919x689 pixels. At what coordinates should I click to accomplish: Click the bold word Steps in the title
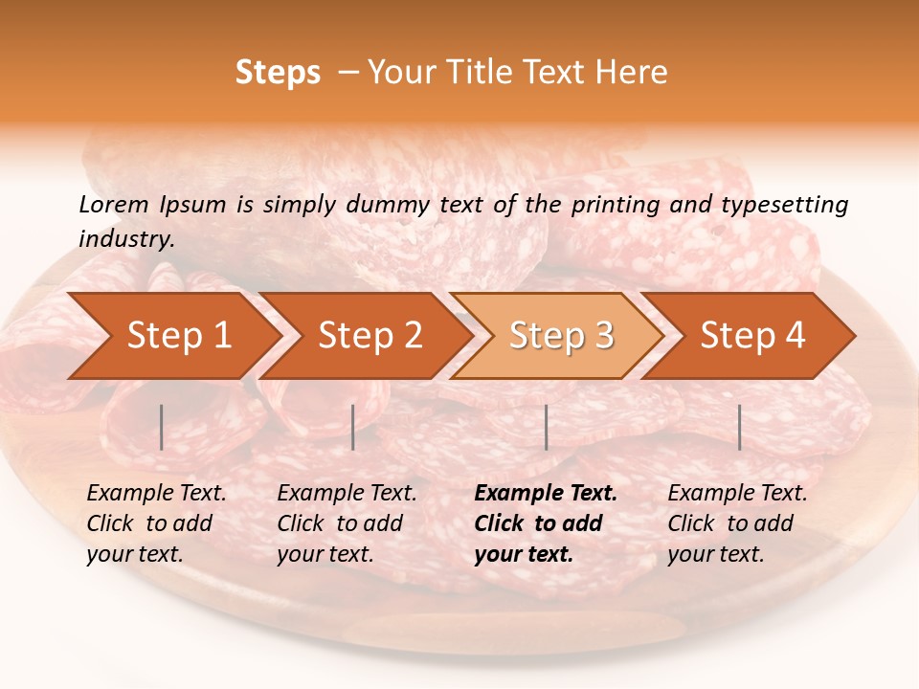pos(278,73)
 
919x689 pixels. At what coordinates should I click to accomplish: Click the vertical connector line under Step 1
pos(162,427)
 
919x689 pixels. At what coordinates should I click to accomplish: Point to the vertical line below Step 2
pos(353,427)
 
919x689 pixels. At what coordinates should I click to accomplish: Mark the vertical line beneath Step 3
pos(546,427)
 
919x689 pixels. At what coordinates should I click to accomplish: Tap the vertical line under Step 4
pos(739,427)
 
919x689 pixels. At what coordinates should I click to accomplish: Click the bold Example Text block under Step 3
pos(546,523)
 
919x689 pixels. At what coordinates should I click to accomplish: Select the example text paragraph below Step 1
pos(156,523)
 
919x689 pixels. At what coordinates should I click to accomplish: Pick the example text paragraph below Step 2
pos(347,523)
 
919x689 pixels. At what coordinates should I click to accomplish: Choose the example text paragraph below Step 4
pos(737,523)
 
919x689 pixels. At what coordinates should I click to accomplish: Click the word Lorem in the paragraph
pos(114,205)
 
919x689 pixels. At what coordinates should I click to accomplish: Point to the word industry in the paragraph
pos(125,239)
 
